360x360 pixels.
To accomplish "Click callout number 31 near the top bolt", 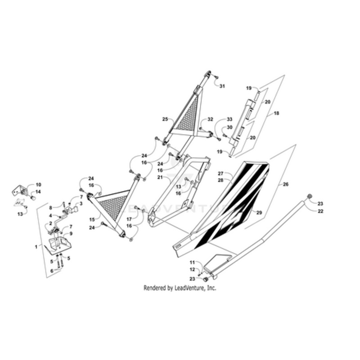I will click(222, 86).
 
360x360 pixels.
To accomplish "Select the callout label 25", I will click(165, 119).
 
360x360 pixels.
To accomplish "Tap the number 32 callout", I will click(210, 120).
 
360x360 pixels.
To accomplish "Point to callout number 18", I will click(276, 113).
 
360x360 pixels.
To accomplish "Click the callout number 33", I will click(229, 119).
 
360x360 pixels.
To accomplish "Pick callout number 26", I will click(284, 184).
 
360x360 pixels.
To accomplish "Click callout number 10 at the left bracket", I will click(38, 184).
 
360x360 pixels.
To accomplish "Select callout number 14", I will click(38, 192).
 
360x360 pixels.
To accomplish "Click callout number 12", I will click(192, 269).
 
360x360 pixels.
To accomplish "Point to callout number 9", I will click(70, 234).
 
